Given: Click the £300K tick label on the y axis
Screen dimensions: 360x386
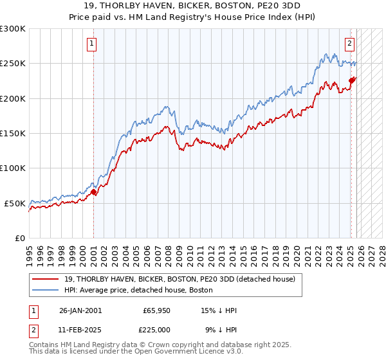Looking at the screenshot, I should coord(13,29).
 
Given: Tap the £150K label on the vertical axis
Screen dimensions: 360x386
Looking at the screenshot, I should coord(13,134).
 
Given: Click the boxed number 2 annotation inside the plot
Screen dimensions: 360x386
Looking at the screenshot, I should coord(349,44).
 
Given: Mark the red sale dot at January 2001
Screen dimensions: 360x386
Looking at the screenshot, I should coord(94,192).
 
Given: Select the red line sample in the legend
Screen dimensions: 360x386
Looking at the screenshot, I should coord(46,279).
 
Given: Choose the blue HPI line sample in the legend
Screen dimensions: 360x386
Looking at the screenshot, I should coord(46,290).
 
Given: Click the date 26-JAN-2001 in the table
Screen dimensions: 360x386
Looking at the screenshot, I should coord(80,310).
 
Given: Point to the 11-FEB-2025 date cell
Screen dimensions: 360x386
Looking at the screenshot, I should coord(80,329).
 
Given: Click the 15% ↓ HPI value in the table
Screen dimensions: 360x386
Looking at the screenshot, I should coord(219,310).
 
